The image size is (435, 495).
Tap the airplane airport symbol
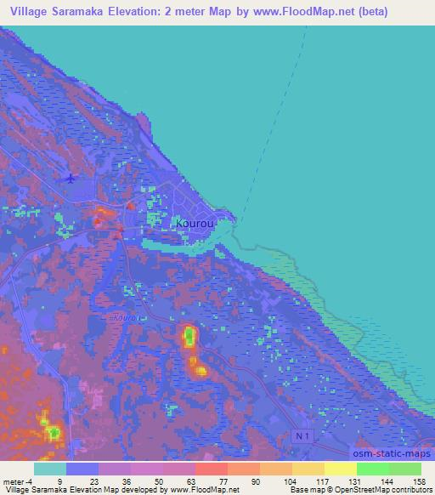coord(70,179)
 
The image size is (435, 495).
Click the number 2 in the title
coord(184,10)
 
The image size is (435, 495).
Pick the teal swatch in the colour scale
coord(50,469)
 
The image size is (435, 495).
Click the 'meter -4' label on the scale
coord(17,481)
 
